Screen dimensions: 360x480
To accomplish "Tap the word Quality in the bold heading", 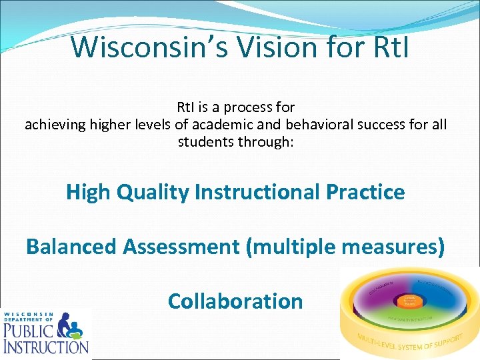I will coord(153,192).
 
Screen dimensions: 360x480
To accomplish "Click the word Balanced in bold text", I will coord(72,247).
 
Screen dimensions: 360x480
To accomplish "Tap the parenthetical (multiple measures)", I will coord(346,247).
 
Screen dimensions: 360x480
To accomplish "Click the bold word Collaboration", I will coord(235,301).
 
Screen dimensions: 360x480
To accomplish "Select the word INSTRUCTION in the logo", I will coord(45,346).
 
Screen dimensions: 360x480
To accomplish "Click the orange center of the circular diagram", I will coord(409,301).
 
